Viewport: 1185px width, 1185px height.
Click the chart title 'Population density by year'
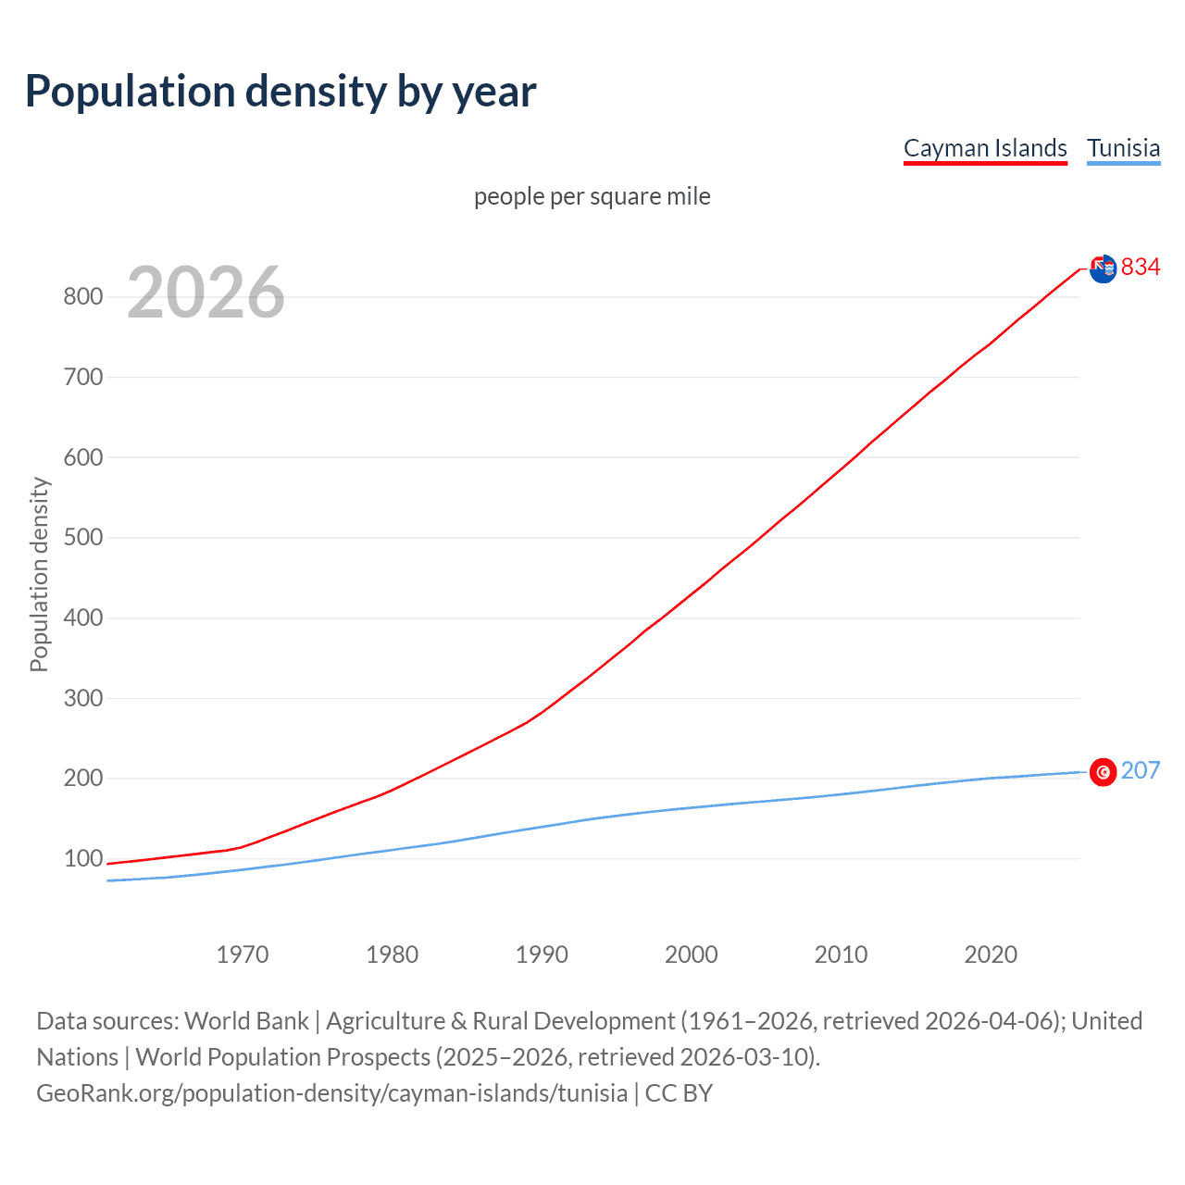(281, 92)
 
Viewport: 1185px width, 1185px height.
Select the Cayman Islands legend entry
(985, 148)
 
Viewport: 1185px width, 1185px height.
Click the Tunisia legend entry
(1123, 148)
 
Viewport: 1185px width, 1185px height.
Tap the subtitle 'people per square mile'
(592, 196)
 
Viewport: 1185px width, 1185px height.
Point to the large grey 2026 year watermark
(206, 293)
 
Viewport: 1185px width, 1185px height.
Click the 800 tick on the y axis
(82, 297)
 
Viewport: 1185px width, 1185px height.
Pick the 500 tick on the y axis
(82, 538)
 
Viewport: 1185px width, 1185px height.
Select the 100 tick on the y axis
(82, 859)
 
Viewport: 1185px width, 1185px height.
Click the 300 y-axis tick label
(82, 698)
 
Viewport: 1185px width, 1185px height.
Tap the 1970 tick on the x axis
(243, 954)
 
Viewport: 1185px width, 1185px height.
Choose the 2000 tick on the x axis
(692, 954)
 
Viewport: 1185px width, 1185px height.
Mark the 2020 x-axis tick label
(991, 954)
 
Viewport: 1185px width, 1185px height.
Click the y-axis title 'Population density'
(39, 574)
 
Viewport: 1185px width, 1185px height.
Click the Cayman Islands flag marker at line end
(1103, 269)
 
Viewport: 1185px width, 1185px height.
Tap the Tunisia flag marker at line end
(1103, 772)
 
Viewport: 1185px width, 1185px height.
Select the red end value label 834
(1141, 268)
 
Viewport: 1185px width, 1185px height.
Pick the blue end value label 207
(1141, 771)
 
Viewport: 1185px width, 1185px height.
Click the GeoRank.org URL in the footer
(331, 1093)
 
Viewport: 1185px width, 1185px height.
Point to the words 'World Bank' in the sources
(246, 1021)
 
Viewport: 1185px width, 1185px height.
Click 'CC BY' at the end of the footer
(679, 1093)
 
